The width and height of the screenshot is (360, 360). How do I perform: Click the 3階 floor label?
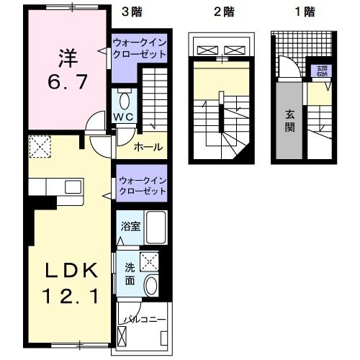coord(131,12)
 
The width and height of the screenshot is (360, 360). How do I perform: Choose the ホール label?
coord(148,148)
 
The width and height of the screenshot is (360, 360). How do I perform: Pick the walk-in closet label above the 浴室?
coord(142,185)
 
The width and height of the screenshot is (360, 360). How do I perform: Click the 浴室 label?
coord(130,225)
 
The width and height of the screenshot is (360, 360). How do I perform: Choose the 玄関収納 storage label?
coord(321,71)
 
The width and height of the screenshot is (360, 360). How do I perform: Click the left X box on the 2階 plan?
coord(206,50)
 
